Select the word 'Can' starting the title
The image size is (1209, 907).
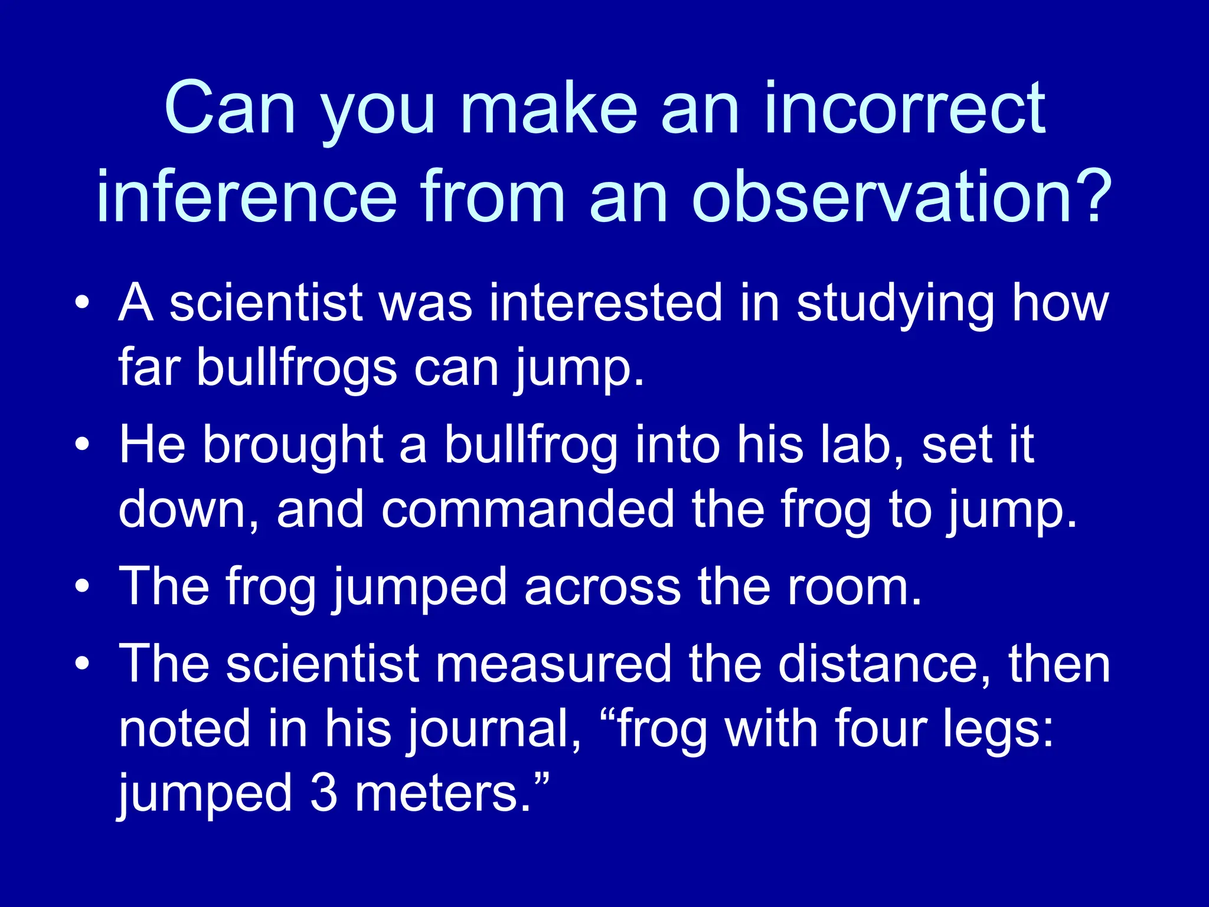[x=230, y=110]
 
